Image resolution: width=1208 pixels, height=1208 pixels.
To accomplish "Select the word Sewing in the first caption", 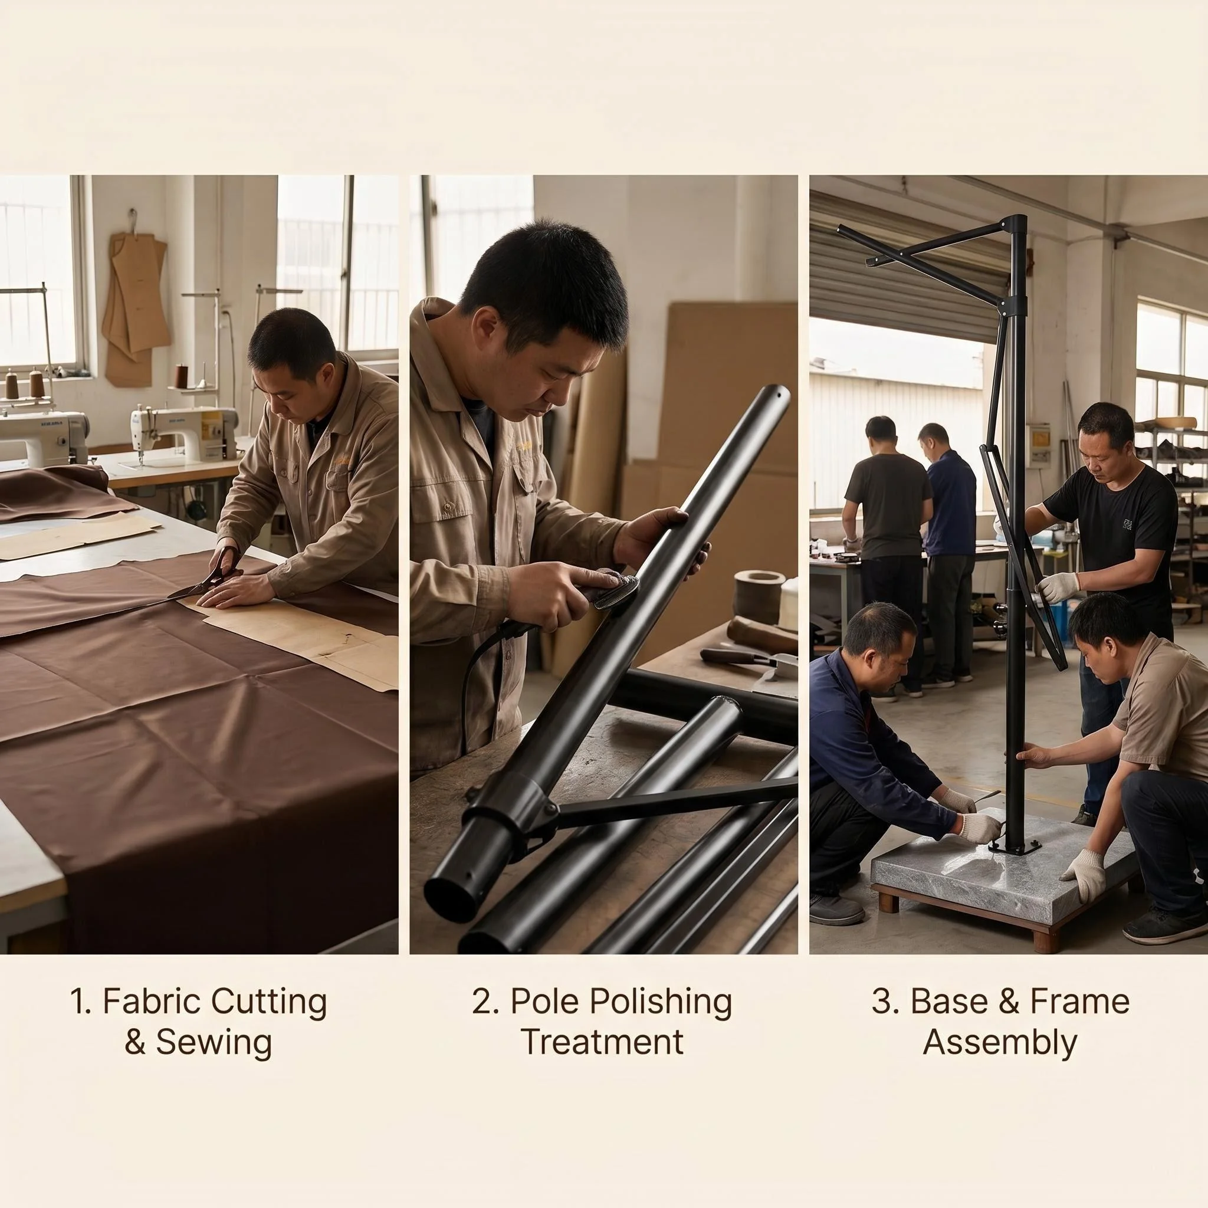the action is [x=213, y=1043].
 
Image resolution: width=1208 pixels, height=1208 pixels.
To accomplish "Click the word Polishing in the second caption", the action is [x=662, y=1002].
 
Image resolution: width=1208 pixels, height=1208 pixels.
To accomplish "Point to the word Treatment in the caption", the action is [x=602, y=1042].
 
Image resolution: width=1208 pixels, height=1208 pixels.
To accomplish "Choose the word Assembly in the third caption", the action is [x=1000, y=1043].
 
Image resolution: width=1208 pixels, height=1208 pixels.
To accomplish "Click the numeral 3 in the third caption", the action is [x=881, y=1002].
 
